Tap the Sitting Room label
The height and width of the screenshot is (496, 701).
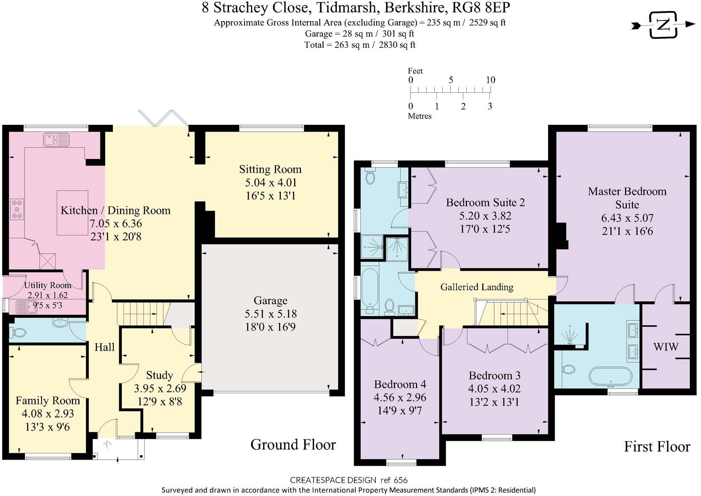click(x=271, y=169)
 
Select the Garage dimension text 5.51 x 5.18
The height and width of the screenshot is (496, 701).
click(x=271, y=314)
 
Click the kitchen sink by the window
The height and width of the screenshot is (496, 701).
click(x=57, y=140)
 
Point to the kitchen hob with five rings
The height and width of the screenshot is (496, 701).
click(x=17, y=209)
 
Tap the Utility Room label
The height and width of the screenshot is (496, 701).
click(x=47, y=285)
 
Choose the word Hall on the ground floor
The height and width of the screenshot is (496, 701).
click(x=105, y=347)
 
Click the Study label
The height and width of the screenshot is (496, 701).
click(x=159, y=375)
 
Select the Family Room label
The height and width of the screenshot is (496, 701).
click(x=47, y=401)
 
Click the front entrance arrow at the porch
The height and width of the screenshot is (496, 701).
click(x=107, y=445)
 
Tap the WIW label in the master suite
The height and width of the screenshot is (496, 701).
click(x=666, y=347)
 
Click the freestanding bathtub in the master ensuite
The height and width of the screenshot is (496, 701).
click(x=610, y=376)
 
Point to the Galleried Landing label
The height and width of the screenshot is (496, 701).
click(x=477, y=287)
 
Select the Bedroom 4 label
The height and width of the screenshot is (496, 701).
click(x=400, y=384)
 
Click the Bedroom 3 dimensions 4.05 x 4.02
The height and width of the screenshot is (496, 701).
click(x=494, y=389)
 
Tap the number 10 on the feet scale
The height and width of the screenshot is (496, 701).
click(x=490, y=80)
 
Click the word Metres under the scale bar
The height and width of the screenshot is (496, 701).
click(x=420, y=116)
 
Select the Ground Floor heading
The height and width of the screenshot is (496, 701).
click(x=293, y=445)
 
